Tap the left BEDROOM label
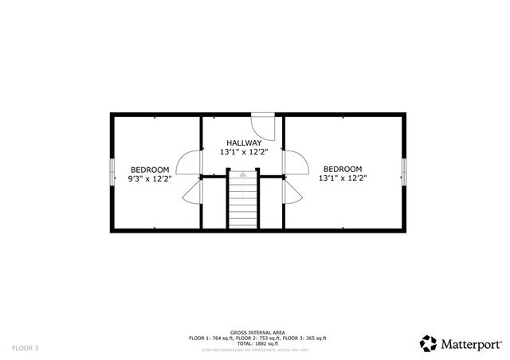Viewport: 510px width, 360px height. pyautogui.click(x=151, y=169)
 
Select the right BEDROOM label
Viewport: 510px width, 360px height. pyautogui.click(x=343, y=169)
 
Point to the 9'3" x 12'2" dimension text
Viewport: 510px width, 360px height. pyautogui.click(x=151, y=178)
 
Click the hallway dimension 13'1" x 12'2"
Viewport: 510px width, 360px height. pyautogui.click(x=245, y=151)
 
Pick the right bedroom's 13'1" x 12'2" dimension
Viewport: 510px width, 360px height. pyautogui.click(x=343, y=178)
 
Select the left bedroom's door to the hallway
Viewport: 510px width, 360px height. pyautogui.click(x=188, y=162)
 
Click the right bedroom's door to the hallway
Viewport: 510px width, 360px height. pyautogui.click(x=296, y=162)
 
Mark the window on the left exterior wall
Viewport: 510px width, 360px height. pyautogui.click(x=110, y=171)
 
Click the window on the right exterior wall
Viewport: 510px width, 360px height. pyautogui.click(x=404, y=171)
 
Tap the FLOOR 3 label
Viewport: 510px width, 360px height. pyautogui.click(x=25, y=347)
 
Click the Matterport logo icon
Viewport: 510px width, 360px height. pyautogui.click(x=429, y=342)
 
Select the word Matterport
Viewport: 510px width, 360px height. pyautogui.click(x=471, y=343)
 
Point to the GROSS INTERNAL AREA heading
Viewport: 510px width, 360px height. pyautogui.click(x=255, y=332)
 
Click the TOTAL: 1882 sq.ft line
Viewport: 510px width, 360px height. pyautogui.click(x=255, y=343)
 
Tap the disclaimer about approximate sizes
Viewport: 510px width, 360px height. pyautogui.click(x=255, y=349)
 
